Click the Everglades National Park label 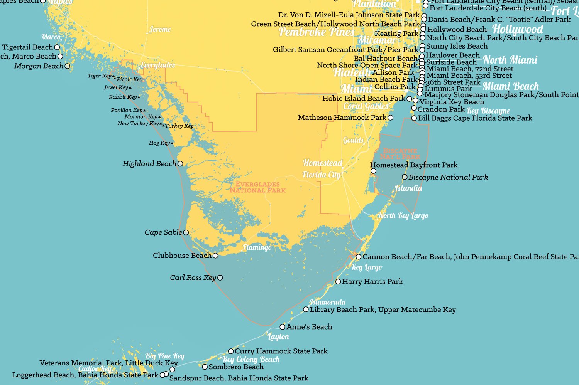257,187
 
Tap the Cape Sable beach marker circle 186,232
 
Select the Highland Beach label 149,164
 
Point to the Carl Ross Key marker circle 220,277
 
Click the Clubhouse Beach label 182,256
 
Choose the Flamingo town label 257,247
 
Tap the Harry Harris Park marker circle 338,282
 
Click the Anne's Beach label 309,327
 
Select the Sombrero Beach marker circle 205,367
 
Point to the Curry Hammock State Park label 281,351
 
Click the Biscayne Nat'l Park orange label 400,153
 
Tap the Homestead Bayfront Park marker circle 373,171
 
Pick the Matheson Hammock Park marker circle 390,118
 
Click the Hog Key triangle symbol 172,143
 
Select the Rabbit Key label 123,97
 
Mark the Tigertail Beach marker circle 57,47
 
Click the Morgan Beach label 39,66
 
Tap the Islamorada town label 327,302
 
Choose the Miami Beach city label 511,86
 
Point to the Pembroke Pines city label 316,32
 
